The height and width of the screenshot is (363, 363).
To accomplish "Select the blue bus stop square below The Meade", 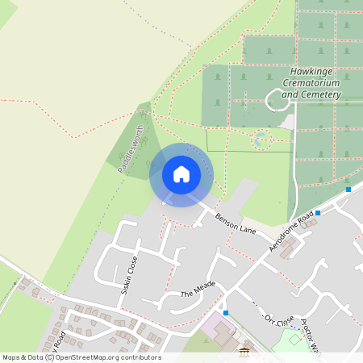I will [x=226, y=312].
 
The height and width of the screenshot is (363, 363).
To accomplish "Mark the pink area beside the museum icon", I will [x=215, y=329].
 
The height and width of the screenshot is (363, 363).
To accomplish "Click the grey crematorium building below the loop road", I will [x=287, y=121].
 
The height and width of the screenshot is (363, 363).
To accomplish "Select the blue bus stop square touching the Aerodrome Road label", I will [x=318, y=213].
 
